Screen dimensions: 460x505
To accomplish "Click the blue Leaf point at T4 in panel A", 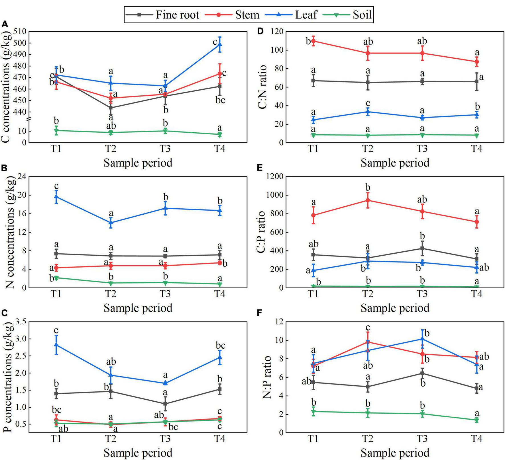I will click(220, 44).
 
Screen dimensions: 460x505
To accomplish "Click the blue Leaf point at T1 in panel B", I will click(56, 196).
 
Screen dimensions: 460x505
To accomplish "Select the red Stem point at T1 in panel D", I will click(313, 41).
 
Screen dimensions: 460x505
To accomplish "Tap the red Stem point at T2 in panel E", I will click(368, 200).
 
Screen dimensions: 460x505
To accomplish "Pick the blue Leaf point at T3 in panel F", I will click(422, 339).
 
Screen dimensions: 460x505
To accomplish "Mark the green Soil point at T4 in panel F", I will click(477, 420).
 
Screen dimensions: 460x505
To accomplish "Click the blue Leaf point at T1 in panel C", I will click(56, 345).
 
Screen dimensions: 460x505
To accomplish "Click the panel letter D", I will click(260, 31).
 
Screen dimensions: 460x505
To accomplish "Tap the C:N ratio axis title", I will click(262, 87).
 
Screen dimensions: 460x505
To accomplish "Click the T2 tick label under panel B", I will click(111, 293).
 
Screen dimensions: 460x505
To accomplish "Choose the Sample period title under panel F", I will click(395, 453).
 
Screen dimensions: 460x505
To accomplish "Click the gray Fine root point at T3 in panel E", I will click(422, 248).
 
